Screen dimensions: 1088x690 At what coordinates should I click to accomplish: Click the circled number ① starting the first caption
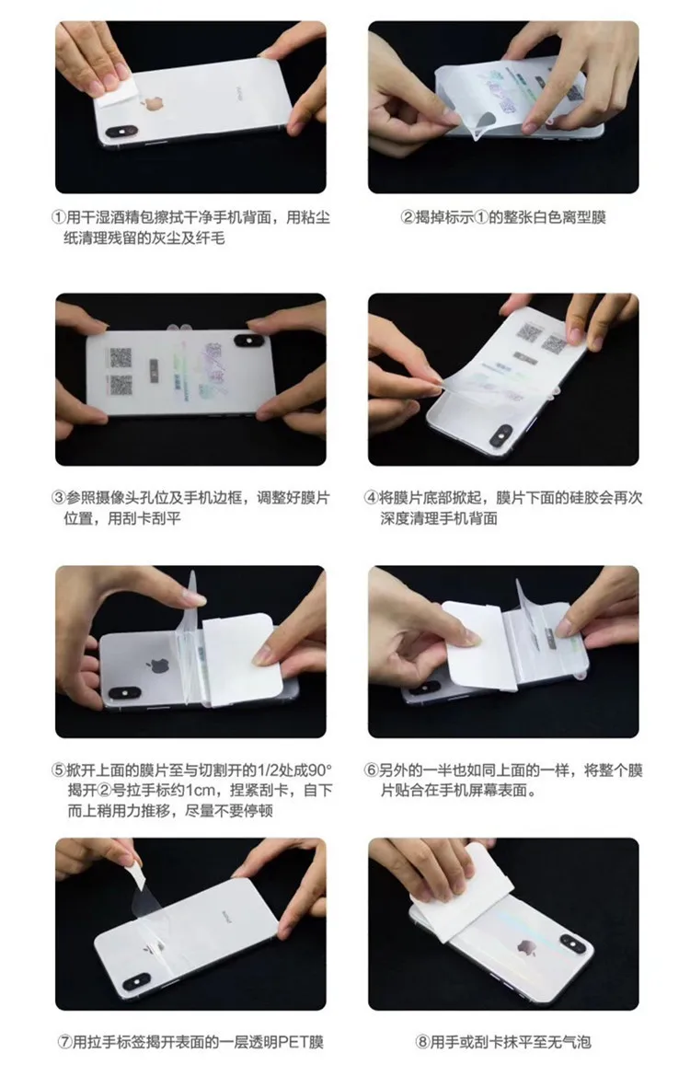57,218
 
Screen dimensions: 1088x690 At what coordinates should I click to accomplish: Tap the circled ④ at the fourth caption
372,498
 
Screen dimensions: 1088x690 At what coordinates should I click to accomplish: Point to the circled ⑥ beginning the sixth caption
372,770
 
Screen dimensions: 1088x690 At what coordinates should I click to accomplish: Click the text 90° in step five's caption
313,770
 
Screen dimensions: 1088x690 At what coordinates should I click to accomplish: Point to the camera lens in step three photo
247,342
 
